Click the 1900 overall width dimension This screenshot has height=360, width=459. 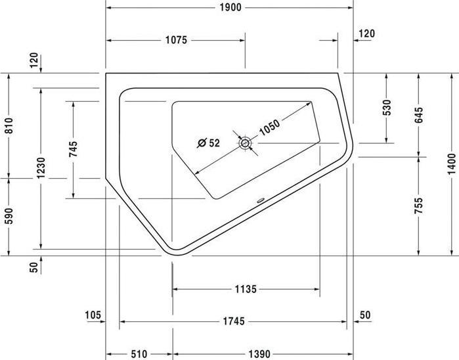[229, 7]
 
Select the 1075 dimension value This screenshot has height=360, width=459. [176, 40]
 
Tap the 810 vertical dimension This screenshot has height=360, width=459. [9, 125]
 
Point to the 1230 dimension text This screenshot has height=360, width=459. [41, 169]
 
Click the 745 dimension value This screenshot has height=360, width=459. [72, 149]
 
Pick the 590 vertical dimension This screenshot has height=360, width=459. [9, 215]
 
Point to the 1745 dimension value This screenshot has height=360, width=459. [233, 322]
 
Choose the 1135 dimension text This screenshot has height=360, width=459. [245, 288]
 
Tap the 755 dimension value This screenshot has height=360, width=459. [419, 206]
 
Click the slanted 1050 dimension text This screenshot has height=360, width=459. [269, 125]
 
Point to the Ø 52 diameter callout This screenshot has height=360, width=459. [209, 142]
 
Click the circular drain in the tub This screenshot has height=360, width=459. [245, 143]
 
